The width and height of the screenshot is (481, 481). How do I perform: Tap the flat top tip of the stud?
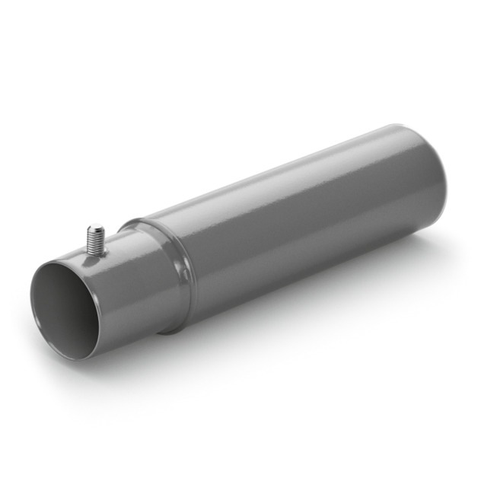click(95, 227)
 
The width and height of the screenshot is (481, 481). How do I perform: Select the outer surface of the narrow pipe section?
click(129, 282)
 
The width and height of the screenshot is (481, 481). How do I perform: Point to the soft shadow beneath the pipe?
click(304, 304)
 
